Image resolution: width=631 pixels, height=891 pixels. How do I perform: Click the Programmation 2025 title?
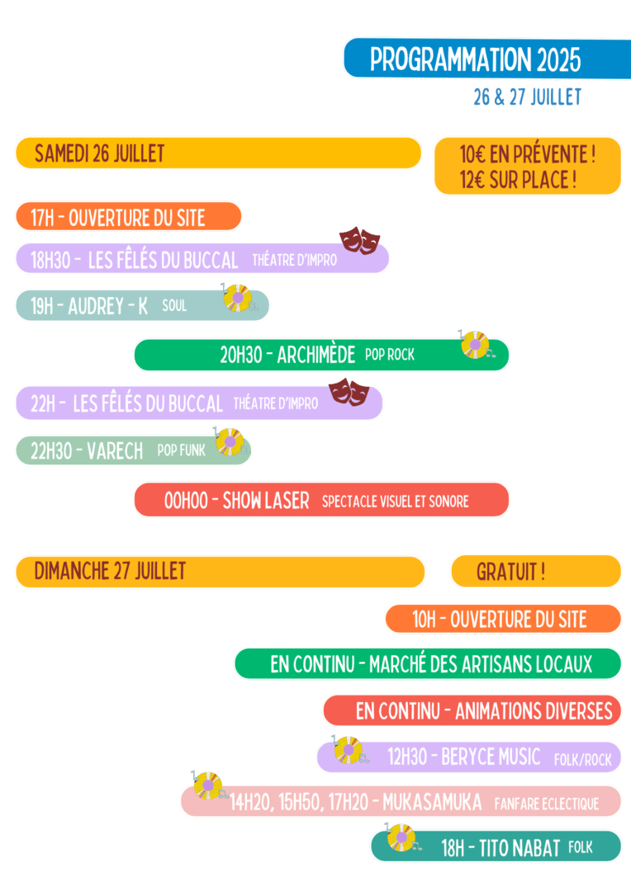pos(475,59)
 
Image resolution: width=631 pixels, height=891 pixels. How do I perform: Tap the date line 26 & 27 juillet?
pos(527,97)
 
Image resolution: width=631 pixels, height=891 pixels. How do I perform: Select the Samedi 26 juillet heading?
pos(99,153)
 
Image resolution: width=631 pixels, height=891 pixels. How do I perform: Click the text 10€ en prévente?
pos(527,153)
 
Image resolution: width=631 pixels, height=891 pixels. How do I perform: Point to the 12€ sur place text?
pos(518,180)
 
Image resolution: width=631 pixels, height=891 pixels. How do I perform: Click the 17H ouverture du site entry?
pos(117,218)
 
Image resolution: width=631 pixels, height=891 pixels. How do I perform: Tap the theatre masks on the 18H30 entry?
pos(360,241)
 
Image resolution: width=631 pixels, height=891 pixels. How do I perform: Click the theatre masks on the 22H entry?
pos(349,392)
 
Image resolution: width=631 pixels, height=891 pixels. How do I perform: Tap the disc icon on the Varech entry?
pos(229,443)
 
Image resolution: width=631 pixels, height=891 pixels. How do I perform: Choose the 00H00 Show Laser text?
pos(236,501)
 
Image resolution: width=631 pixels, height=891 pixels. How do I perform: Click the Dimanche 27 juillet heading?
pos(110,570)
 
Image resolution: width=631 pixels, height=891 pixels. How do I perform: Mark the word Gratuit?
pos(510,572)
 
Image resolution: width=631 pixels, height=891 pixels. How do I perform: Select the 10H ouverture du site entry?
pos(499,620)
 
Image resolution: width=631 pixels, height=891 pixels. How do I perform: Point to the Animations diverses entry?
pos(484,710)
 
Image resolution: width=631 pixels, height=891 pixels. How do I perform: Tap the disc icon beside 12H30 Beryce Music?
pos(348,750)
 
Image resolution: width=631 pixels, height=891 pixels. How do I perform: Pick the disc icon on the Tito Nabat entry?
pos(401,838)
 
